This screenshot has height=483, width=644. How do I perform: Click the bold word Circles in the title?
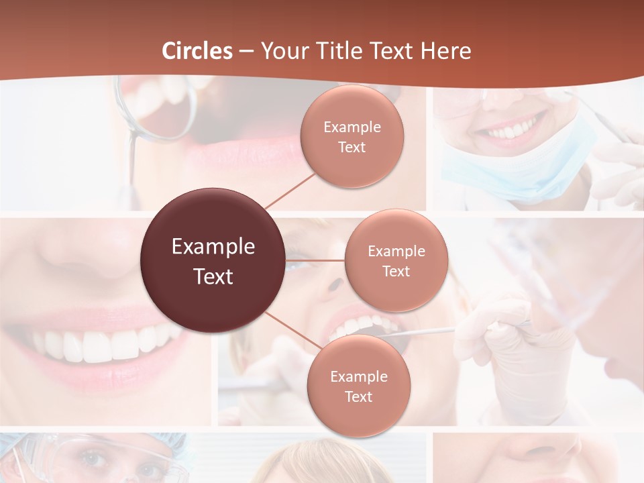coord(197,51)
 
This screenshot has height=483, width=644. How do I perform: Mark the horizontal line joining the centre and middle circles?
coord(315,260)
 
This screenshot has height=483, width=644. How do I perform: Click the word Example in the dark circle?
coord(213,247)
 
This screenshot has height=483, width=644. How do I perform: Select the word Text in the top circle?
coord(352,148)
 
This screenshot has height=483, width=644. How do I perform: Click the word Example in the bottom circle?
coord(358,376)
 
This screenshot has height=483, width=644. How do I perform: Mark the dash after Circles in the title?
coord(246,52)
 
